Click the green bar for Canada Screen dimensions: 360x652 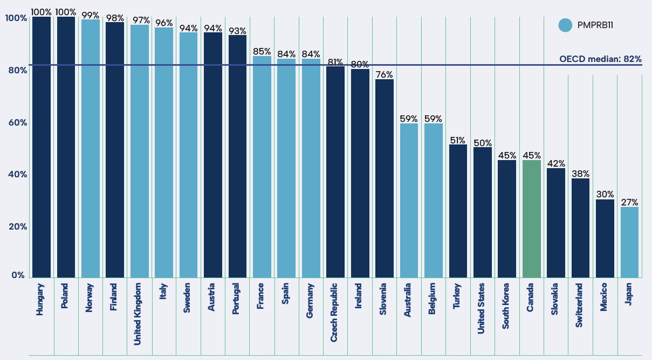[531, 218]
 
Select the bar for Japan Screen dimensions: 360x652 [629, 242]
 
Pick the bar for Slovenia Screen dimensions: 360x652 [385, 178]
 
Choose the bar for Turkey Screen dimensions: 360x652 [458, 211]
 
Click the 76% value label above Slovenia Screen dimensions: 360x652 [385, 75]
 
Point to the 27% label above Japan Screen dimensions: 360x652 [629, 203]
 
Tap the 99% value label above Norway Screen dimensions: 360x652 [91, 15]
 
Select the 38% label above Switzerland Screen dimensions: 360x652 [580, 174]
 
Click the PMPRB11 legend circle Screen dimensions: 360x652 [565, 25]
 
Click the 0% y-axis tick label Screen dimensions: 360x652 [18, 275]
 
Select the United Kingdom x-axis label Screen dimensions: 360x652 [138, 314]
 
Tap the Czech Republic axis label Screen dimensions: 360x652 [334, 311]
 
